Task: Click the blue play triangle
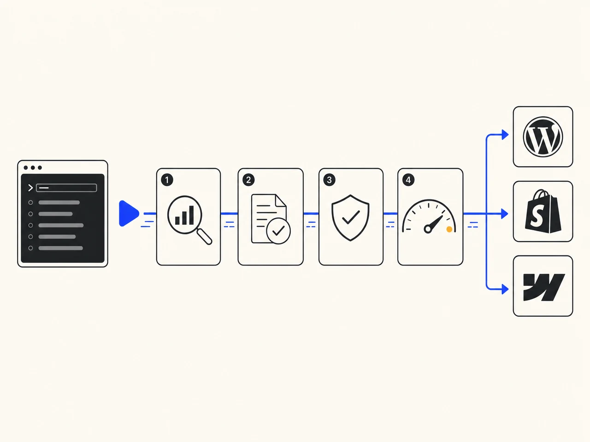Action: [129, 213]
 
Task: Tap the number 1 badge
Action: [167, 180]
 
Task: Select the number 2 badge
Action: [248, 180]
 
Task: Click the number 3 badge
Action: [329, 180]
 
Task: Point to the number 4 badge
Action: [408, 180]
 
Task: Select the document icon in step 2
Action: [269, 218]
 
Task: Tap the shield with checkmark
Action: [350, 218]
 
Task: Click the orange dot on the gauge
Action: [449, 229]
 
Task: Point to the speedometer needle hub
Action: [427, 229]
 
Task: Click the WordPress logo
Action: [543, 137]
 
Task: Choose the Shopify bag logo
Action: [543, 211]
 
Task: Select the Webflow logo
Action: [544, 287]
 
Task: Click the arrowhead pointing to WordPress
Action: [505, 134]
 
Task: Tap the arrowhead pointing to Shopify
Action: [505, 214]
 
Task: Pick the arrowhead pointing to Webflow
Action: [505, 289]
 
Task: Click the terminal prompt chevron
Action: [30, 188]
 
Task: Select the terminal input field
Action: [66, 188]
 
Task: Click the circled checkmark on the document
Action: [278, 231]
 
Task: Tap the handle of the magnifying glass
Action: [205, 237]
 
